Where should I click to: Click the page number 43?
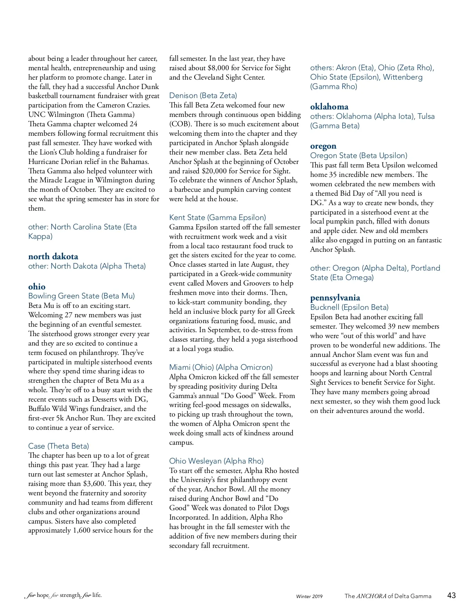tap(451, 595)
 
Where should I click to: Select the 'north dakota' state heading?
tap(53, 256)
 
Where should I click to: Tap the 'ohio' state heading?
tap(37, 286)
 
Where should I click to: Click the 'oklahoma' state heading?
tap(329, 107)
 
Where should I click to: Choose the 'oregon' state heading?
tap(323, 146)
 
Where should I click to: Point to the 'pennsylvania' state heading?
tap(335, 298)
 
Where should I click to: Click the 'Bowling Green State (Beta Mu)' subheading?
tap(81, 296)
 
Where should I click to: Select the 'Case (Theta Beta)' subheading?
tap(58, 446)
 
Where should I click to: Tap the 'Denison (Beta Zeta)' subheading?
tap(203, 95)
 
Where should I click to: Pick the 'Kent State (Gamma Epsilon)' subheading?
tap(217, 217)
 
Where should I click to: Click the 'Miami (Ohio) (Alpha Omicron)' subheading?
tap(221, 367)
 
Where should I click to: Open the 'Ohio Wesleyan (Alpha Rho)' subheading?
tap(216, 461)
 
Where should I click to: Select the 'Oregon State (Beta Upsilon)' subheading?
tap(359, 155)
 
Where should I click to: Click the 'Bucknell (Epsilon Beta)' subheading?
tap(349, 307)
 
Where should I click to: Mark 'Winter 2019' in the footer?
tap(309, 596)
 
